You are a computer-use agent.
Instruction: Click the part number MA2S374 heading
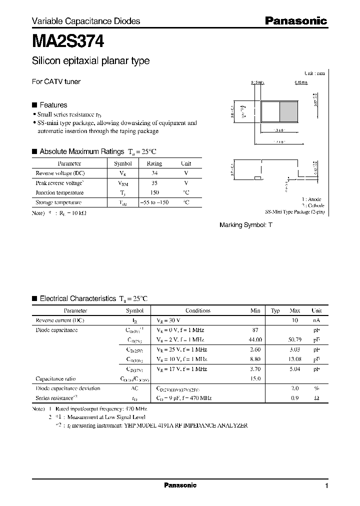tap(68, 41)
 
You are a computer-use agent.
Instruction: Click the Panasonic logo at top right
tap(295, 21)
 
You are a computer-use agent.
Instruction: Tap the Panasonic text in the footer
tap(180, 485)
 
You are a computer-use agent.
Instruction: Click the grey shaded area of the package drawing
tap(288, 110)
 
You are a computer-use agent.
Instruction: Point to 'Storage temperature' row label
tap(58, 202)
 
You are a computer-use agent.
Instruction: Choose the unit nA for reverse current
tap(316, 320)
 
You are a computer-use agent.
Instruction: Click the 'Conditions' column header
tap(197, 310)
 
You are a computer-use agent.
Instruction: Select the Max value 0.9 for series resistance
tap(294, 397)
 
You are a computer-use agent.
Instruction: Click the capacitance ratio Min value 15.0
tap(255, 378)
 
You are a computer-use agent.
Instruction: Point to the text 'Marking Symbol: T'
tap(246, 225)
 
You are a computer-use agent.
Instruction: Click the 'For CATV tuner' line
tap(56, 81)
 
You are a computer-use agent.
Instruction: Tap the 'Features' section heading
tap(53, 105)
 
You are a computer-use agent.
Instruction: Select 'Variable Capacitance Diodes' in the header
tap(86, 21)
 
